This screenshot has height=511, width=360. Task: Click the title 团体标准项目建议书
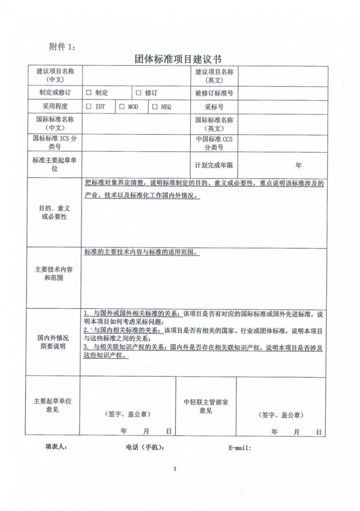pyautogui.click(x=179, y=59)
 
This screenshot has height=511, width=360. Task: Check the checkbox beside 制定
pyautogui.click(x=89, y=93)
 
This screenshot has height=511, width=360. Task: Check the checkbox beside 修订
pyautogui.click(x=139, y=93)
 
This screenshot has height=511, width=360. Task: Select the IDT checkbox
pyautogui.click(x=89, y=107)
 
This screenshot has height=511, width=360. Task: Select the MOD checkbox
pyautogui.click(x=121, y=107)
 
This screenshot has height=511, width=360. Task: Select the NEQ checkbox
pyautogui.click(x=154, y=107)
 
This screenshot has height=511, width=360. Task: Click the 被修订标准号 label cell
pyautogui.click(x=214, y=93)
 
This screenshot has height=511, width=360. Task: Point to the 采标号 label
pyautogui.click(x=214, y=107)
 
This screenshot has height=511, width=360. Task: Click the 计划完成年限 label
pyautogui.click(x=214, y=165)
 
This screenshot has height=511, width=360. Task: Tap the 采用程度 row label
pyautogui.click(x=55, y=107)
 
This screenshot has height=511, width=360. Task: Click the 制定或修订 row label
pyautogui.click(x=55, y=93)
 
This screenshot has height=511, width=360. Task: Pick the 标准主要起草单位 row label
pyautogui.click(x=55, y=164)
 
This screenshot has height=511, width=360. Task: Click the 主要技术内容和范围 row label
pyautogui.click(x=55, y=273)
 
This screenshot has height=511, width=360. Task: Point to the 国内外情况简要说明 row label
pyautogui.click(x=55, y=342)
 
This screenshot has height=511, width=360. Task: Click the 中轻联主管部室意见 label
pyautogui.click(x=206, y=406)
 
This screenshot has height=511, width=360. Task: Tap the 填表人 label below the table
pyautogui.click(x=56, y=447)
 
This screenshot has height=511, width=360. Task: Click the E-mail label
pyautogui.click(x=239, y=448)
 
